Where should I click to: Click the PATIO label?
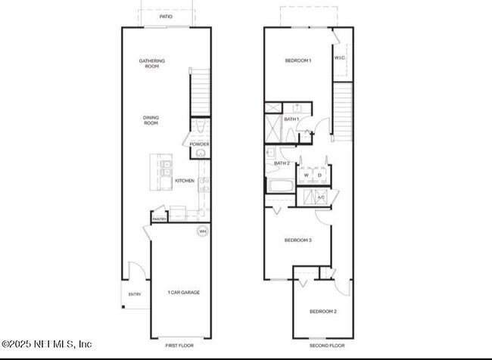(x=165, y=16)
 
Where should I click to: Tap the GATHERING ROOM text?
(x=151, y=64)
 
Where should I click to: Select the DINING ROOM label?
(x=151, y=119)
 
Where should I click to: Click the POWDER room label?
(x=199, y=144)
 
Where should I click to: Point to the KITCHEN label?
(x=185, y=181)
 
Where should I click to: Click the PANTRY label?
(x=160, y=219)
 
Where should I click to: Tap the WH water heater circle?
(x=202, y=231)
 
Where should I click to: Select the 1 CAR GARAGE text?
(x=183, y=292)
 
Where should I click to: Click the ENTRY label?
(x=135, y=294)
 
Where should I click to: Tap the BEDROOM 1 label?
(x=297, y=61)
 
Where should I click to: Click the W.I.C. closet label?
(x=340, y=57)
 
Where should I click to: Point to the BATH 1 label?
(x=291, y=119)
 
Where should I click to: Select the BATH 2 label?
(x=282, y=163)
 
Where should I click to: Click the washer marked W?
(x=306, y=175)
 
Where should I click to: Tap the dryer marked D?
(x=320, y=175)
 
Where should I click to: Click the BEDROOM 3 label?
(x=297, y=240)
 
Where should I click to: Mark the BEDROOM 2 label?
(x=323, y=311)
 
